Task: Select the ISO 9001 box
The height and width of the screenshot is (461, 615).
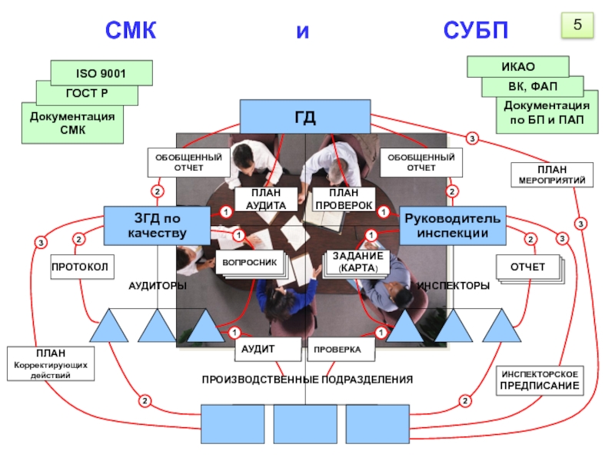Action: (101, 73)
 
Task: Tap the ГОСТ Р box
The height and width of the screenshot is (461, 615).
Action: (87, 94)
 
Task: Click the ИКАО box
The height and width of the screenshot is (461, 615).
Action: (517, 67)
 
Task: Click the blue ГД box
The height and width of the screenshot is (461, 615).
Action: (305, 118)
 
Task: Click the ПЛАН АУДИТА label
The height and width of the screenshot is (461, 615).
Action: (266, 200)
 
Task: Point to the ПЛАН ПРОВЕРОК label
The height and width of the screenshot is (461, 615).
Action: (341, 200)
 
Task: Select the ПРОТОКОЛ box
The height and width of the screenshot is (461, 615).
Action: (81, 267)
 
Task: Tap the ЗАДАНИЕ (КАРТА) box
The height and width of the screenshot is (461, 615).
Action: (357, 262)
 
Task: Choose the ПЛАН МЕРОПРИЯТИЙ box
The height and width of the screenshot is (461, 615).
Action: (552, 174)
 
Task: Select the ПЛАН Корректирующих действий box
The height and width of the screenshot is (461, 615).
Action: (52, 364)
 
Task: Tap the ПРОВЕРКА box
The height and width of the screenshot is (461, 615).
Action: (341, 350)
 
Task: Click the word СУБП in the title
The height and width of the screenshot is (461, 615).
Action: (476, 32)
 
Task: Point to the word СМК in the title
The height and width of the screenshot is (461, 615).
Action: (131, 32)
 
